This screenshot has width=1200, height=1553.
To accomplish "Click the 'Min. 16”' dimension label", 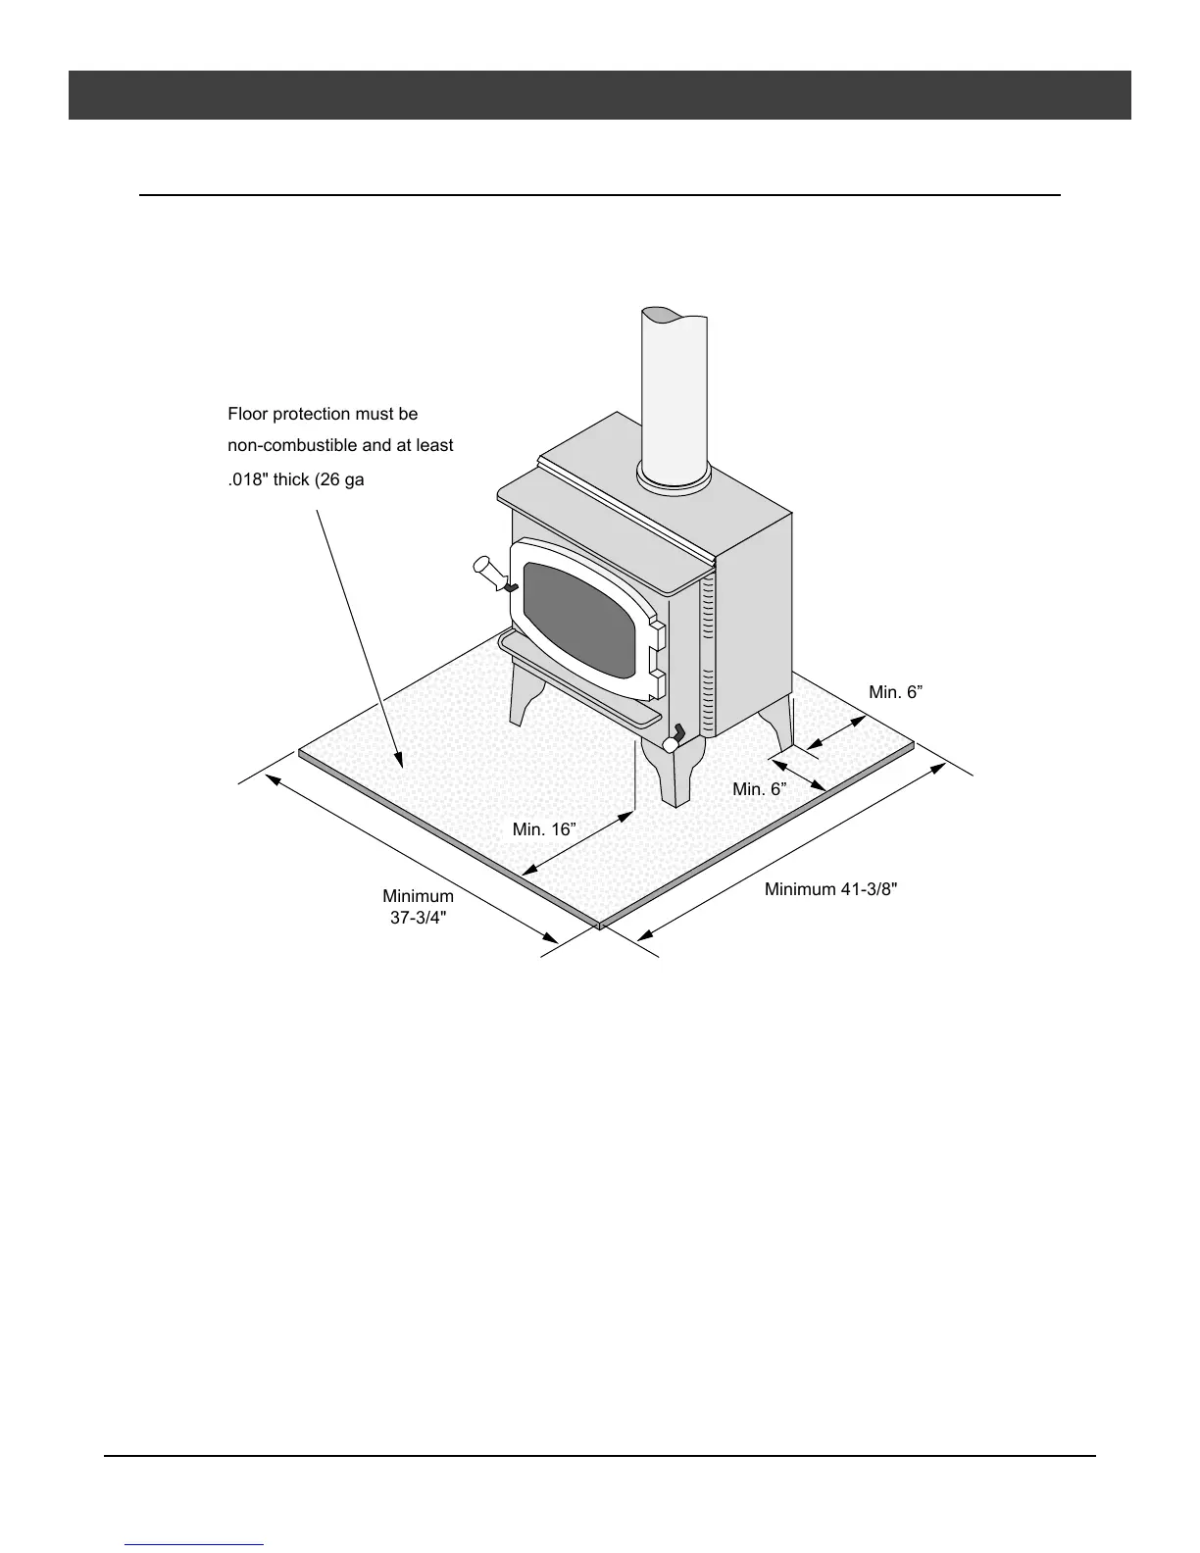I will [543, 829].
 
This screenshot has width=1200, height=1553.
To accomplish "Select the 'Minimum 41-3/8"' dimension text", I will [830, 890].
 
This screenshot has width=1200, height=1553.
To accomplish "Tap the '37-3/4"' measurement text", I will [419, 919].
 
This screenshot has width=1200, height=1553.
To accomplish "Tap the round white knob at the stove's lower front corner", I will [672, 745].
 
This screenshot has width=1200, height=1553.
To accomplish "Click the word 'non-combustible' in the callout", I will [283, 446].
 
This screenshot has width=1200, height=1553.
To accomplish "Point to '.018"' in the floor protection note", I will [247, 481].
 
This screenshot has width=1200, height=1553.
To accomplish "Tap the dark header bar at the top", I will [599, 95].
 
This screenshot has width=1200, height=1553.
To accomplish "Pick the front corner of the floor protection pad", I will [599, 925].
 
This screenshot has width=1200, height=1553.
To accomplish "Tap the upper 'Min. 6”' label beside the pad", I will [895, 692].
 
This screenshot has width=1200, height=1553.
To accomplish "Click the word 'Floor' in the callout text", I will [247, 415].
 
